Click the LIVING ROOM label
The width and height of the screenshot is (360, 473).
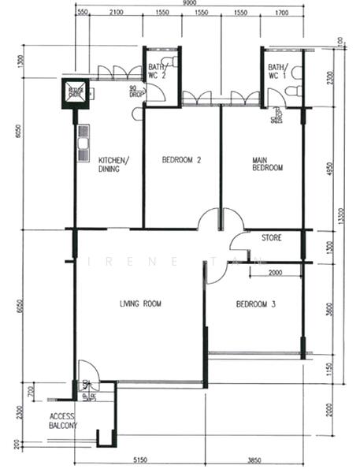pyautogui.click(x=140, y=304)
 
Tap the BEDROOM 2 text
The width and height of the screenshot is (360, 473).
pyautogui.click(x=182, y=160)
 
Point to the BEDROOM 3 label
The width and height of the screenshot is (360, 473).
pyautogui.click(x=255, y=304)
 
